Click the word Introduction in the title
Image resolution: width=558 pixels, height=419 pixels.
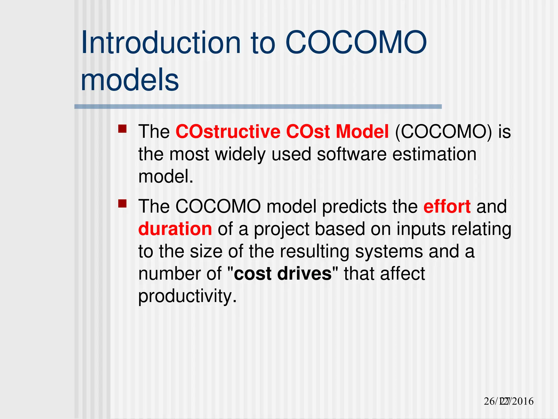tap(161, 43)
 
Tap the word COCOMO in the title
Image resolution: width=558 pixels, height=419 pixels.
tap(356, 43)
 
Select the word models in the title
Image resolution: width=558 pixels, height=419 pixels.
tap(130, 80)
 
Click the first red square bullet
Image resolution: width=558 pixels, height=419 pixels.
tap(122, 129)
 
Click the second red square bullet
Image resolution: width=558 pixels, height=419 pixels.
tap(122, 203)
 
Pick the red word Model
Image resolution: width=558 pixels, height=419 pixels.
tap(362, 132)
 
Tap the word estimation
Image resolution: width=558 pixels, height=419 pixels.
tap(434, 154)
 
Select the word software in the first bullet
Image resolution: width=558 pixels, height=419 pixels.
tap(351, 154)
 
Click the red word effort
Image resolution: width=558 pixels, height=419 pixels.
tap(447, 206)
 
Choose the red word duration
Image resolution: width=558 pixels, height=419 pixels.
tap(175, 229)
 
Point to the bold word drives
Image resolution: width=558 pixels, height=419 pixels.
tap(304, 274)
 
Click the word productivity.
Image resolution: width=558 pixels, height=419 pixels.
tap(187, 296)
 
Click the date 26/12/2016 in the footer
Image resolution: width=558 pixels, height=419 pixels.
tap(508, 401)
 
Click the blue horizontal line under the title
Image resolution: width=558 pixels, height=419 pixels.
tap(258, 107)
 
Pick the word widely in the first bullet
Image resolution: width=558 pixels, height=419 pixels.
tap(240, 154)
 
